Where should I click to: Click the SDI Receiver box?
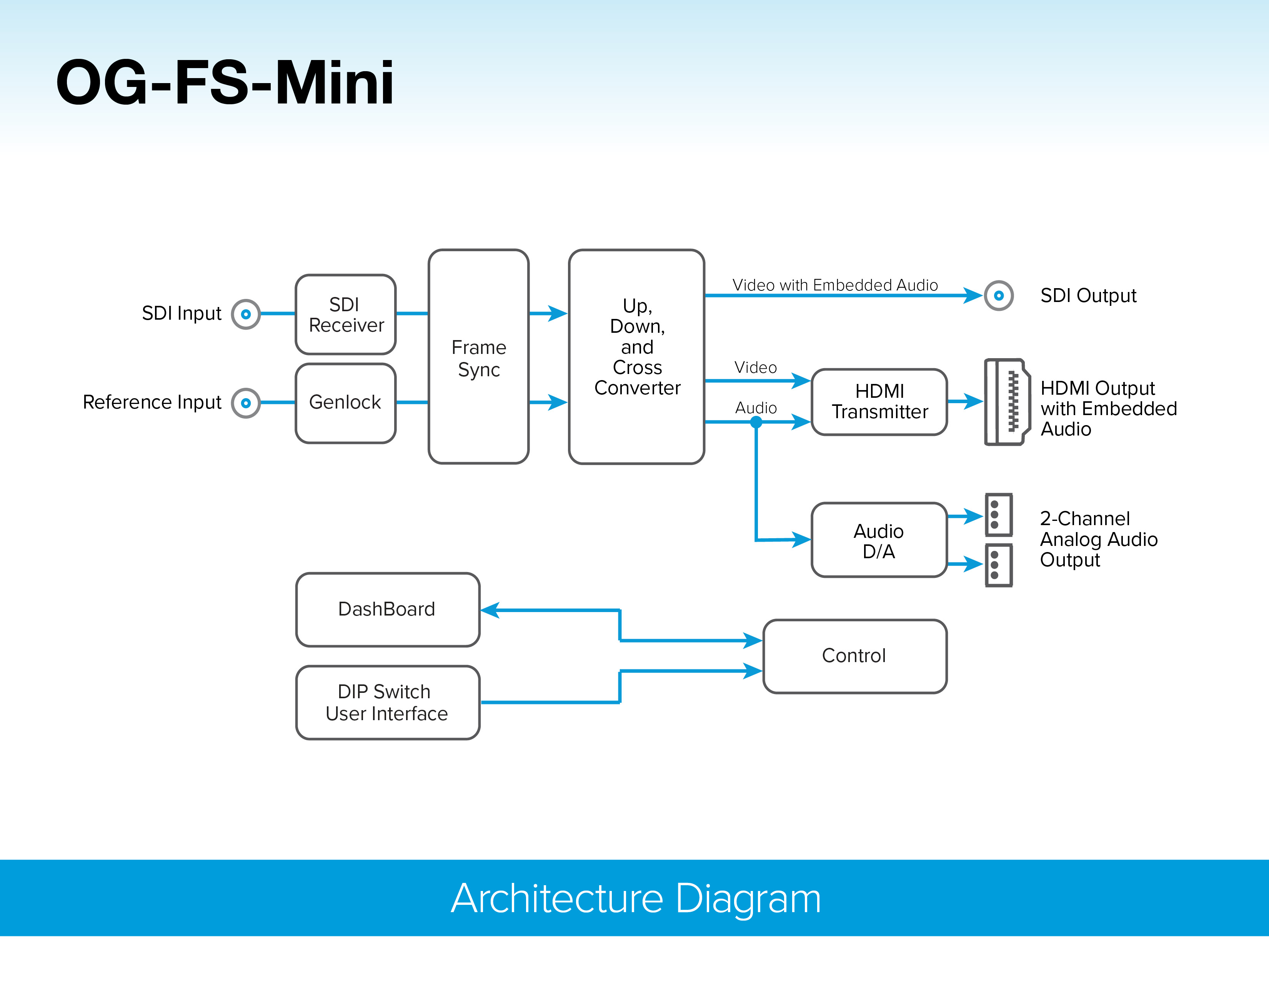[346, 314]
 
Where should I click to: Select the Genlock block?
[346, 403]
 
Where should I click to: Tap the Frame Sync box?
[478, 357]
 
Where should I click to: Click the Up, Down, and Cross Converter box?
[637, 357]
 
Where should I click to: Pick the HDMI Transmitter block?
[879, 402]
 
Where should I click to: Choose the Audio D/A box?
[879, 540]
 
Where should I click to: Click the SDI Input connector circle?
[246, 314]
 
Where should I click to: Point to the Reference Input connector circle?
[246, 403]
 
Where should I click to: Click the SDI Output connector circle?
[999, 296]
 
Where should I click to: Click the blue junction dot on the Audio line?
[756, 422]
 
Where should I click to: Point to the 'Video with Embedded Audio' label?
[835, 285]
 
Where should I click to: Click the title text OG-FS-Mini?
[225, 83]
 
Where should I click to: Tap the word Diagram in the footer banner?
[748, 898]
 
